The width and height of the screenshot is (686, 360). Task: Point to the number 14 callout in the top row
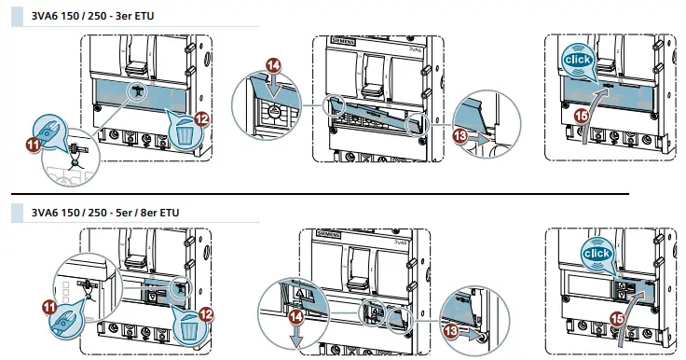click(272, 65)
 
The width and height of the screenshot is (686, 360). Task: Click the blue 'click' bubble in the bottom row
click(597, 253)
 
